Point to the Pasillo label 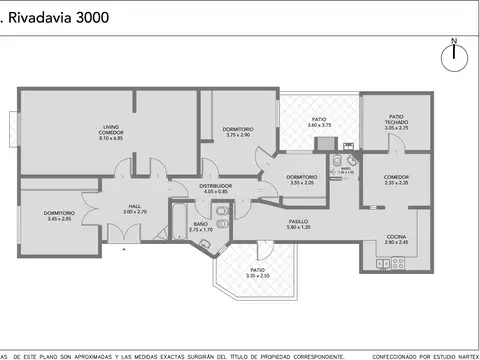click(x=299, y=224)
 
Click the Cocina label click(x=397, y=240)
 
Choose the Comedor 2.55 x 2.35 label click(x=397, y=180)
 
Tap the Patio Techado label click(x=397, y=122)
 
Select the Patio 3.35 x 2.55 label click(x=257, y=272)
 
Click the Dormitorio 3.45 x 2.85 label click(x=58, y=215)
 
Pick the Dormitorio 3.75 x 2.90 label click(x=238, y=131)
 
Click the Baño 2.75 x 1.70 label click(x=201, y=227)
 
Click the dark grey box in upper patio click(x=326, y=144)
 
